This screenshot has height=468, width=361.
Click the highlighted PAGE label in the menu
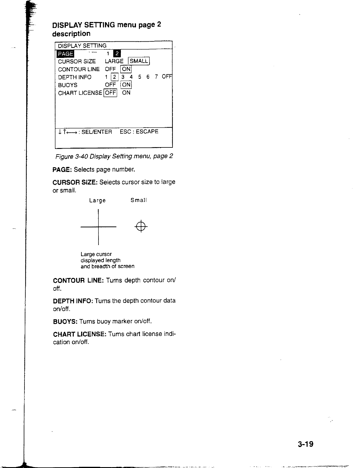pyautogui.click(x=66, y=54)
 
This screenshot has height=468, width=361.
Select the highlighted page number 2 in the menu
pyautogui.click(x=117, y=53)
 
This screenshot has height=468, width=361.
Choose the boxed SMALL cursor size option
pyautogui.click(x=139, y=61)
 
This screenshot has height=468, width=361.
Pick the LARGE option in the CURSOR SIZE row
pyautogui.click(x=114, y=61)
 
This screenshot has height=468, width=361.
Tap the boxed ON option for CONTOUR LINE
pyautogui.click(x=126, y=69)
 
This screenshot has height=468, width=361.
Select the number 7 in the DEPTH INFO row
pyautogui.click(x=156, y=77)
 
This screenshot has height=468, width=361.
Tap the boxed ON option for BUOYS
pyautogui.click(x=126, y=85)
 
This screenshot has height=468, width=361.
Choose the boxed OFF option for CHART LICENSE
pyautogui.click(x=110, y=93)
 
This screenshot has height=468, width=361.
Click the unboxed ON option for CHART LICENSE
pyautogui.click(x=126, y=93)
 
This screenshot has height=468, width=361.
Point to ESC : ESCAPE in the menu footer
pyautogui.click(x=139, y=131)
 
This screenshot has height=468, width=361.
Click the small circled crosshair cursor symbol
pyautogui.click(x=141, y=227)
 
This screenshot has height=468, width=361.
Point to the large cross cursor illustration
pyautogui.click(x=98, y=227)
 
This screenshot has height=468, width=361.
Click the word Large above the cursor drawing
pyautogui.click(x=97, y=201)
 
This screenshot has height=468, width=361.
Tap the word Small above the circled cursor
pyautogui.click(x=139, y=200)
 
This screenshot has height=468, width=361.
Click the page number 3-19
pyautogui.click(x=305, y=444)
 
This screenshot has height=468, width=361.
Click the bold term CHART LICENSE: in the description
pyautogui.click(x=80, y=334)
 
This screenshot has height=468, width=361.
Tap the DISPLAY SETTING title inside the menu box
pyautogui.click(x=82, y=46)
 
